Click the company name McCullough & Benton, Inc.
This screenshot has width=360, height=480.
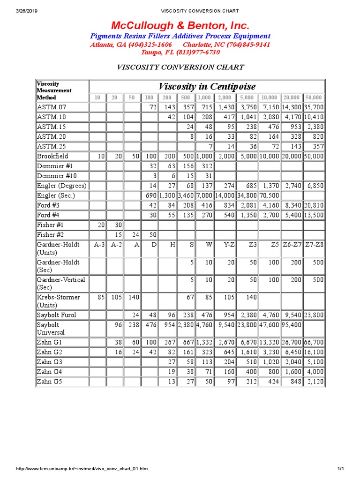(x=180, y=25)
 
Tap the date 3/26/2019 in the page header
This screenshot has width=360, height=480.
(x=28, y=11)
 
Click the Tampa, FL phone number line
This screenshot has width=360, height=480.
(x=180, y=52)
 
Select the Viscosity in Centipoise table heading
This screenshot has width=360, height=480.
(x=207, y=86)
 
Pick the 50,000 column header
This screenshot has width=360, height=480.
(x=314, y=97)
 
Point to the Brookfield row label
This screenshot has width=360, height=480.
(x=52, y=156)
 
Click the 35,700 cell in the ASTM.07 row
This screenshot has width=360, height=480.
(x=314, y=107)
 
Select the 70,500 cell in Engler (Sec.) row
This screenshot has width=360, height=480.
(x=269, y=195)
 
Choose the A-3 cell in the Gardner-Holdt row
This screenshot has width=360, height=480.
(x=98, y=244)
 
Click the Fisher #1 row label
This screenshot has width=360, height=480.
(x=50, y=225)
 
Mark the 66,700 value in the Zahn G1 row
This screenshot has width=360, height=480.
(x=314, y=342)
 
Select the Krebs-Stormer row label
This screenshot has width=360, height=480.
(x=58, y=297)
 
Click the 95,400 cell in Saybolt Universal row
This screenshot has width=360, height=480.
(x=292, y=324)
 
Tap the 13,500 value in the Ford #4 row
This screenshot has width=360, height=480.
(x=314, y=215)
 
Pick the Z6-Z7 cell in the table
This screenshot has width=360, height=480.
(x=292, y=244)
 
